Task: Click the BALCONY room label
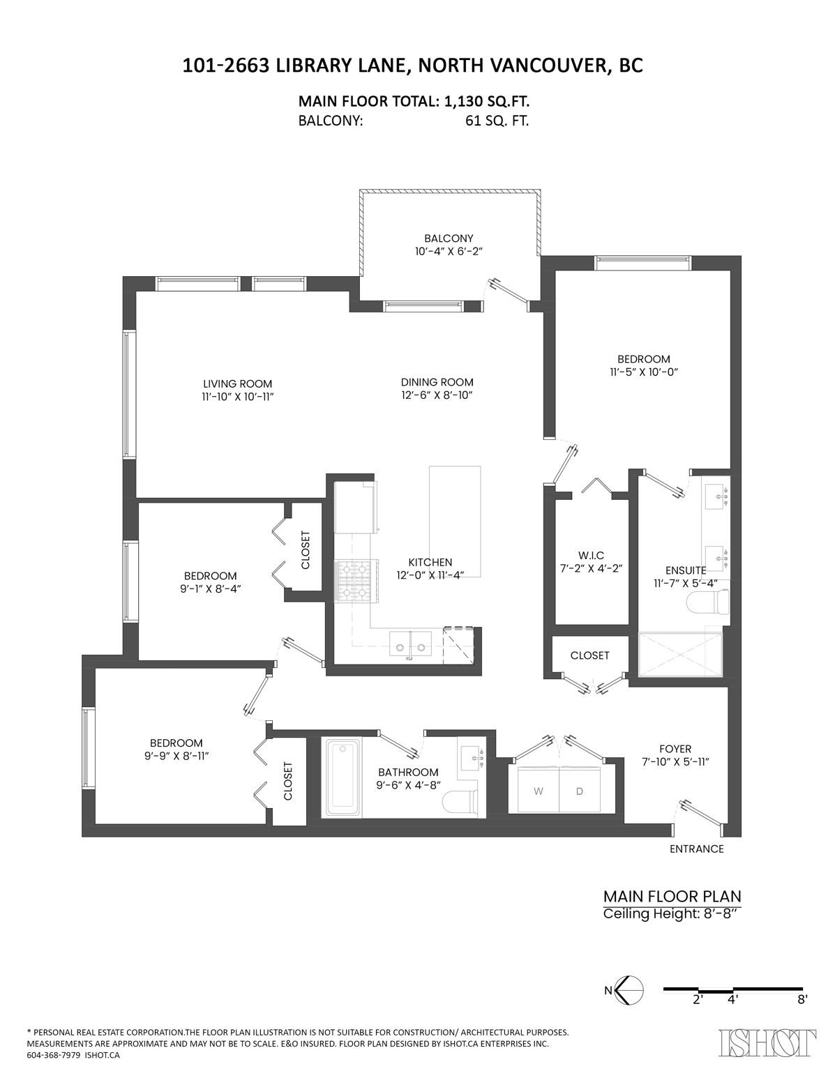(449, 238)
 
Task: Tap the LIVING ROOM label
(237, 384)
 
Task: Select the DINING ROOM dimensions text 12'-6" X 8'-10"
(437, 395)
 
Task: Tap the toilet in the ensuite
(709, 600)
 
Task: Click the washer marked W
(538, 791)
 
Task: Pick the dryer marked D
(579, 791)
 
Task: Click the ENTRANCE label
(696, 849)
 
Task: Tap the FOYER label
(675, 749)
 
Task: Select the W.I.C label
(590, 555)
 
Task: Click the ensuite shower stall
(680, 654)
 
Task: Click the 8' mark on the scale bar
(803, 999)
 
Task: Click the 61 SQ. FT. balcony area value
(497, 121)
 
